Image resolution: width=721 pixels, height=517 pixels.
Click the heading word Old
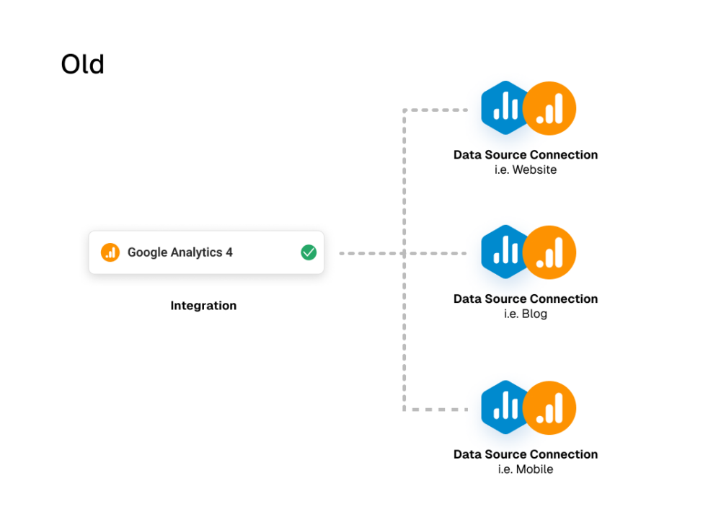click(x=83, y=64)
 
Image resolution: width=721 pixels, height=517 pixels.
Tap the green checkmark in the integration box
click(x=309, y=252)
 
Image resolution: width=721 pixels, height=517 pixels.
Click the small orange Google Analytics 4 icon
click(x=110, y=252)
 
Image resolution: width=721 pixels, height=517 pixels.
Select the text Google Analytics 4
click(x=180, y=252)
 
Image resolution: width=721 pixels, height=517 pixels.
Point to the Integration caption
click(x=203, y=306)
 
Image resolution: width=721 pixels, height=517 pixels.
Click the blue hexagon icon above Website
click(x=503, y=107)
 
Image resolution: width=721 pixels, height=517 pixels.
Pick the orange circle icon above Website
click(x=549, y=108)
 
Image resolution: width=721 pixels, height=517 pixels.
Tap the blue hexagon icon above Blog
click(x=503, y=252)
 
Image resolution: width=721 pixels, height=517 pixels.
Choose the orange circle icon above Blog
click(x=549, y=252)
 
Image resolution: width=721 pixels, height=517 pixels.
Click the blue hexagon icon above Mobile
click(x=503, y=407)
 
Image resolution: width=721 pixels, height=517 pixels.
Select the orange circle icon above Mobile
click(x=549, y=408)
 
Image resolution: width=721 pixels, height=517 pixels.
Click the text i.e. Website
click(x=526, y=169)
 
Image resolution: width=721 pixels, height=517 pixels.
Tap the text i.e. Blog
click(x=526, y=314)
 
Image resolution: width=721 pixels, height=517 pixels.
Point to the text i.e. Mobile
click(x=526, y=469)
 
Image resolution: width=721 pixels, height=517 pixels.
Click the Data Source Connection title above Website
click(x=526, y=154)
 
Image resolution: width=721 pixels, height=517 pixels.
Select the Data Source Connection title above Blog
click(x=526, y=299)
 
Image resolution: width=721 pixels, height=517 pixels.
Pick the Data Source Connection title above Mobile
click(x=526, y=454)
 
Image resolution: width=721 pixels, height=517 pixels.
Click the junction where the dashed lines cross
click(x=404, y=253)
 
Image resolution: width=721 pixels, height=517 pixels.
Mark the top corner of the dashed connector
click(x=404, y=110)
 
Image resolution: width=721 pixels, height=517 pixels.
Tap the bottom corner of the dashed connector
click(x=404, y=410)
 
